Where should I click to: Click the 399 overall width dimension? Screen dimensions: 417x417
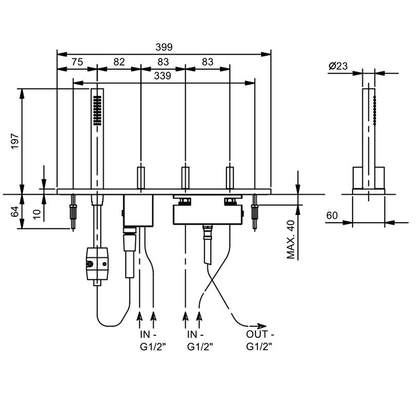tap(162, 48)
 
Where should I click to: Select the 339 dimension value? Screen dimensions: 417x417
tap(163, 76)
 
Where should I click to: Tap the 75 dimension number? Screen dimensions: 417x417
tap(77, 61)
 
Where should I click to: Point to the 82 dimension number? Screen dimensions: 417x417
tap(119, 61)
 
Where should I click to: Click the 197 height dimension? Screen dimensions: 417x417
tap(15, 141)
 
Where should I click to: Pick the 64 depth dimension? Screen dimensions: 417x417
tap(15, 211)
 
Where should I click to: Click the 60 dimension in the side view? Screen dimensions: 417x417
tap(333, 216)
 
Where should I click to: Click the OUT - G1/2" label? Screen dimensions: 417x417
tap(260, 340)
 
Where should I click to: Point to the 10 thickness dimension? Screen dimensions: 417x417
tap(37, 213)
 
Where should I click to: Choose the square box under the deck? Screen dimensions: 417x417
tap(138, 208)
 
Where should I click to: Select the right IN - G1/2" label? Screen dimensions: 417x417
tap(200, 340)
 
